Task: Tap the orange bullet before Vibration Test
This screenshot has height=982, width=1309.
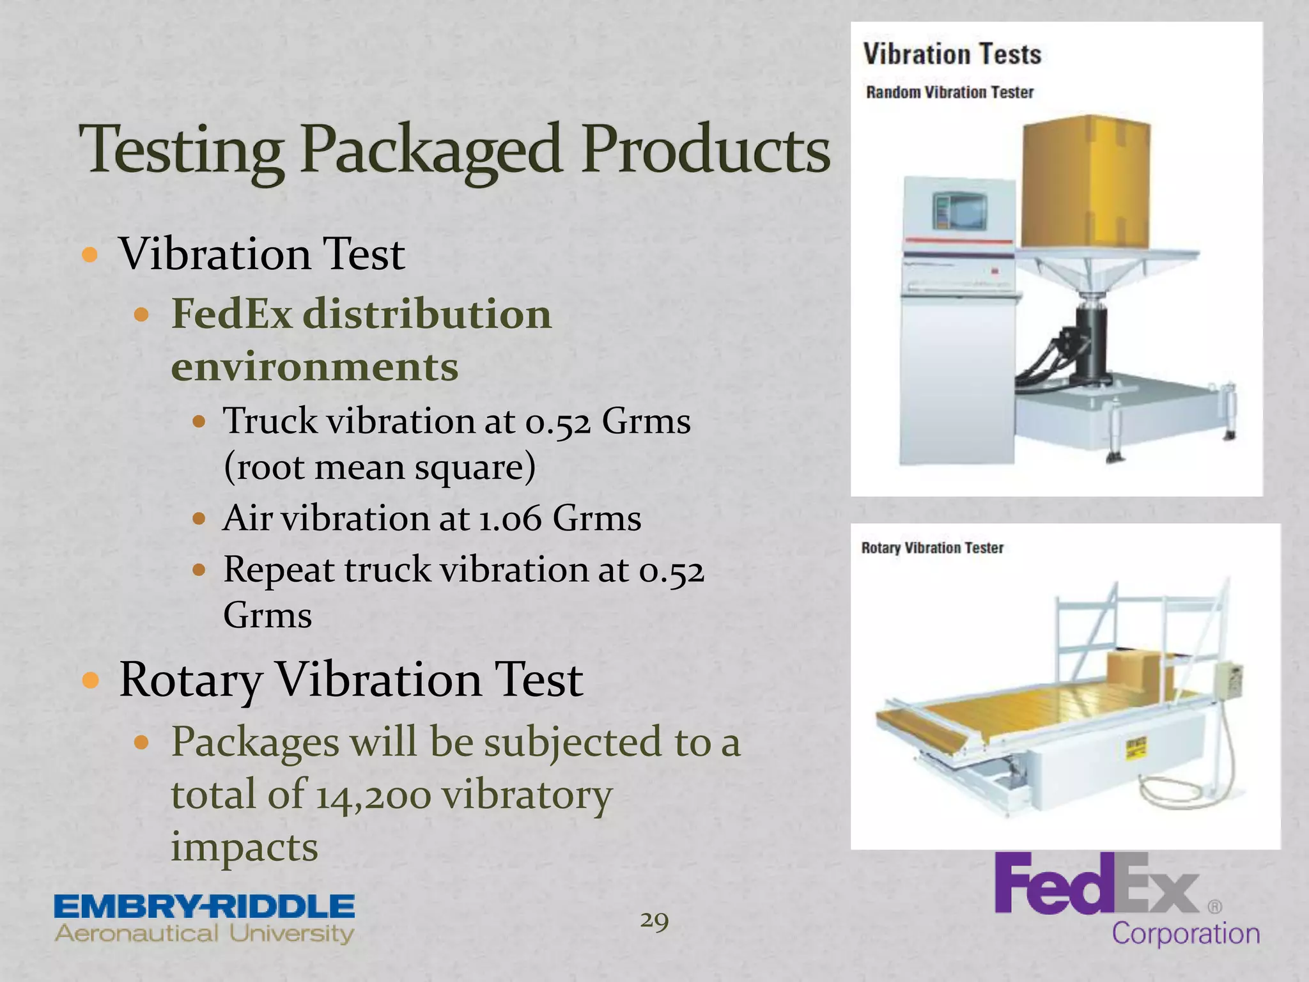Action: point(90,255)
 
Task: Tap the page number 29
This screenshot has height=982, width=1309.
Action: point(654,921)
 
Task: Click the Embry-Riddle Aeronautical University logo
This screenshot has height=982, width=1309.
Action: point(205,919)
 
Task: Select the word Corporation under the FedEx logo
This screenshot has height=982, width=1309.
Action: point(1186,933)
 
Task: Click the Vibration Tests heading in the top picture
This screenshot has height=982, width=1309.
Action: point(952,54)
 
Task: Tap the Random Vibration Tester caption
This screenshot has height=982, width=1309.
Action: point(949,93)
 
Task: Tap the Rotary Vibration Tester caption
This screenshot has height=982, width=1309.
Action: point(932,548)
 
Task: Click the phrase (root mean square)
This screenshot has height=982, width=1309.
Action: point(379,467)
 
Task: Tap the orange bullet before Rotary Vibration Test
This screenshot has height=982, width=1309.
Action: point(90,680)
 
